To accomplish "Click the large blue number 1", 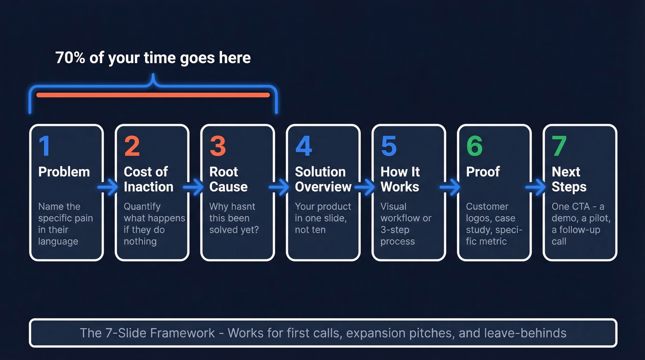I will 45,146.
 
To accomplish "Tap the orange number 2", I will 132,146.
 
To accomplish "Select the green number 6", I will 474,146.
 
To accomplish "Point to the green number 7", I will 559,146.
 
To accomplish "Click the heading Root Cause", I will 229,179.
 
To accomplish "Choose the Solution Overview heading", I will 322,179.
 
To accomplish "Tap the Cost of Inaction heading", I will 148,179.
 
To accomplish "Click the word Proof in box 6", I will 483,172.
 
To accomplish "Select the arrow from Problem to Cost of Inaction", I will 108,187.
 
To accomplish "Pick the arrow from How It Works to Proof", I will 451,187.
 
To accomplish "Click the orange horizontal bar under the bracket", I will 153,95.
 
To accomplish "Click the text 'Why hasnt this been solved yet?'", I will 234,218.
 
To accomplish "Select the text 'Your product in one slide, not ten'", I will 322,218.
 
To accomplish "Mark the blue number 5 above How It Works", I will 388,146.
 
